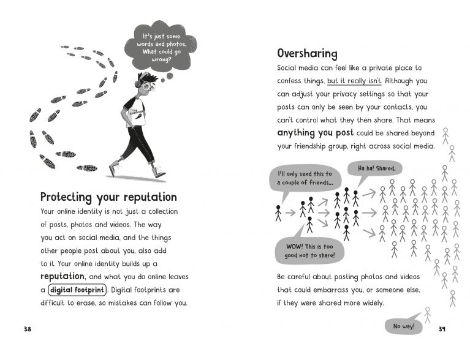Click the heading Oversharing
[308, 54]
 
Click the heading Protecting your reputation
[108, 197]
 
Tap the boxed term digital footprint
[77, 290]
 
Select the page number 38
[27, 330]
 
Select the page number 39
[443, 330]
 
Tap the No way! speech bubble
[404, 326]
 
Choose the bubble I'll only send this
[305, 179]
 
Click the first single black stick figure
[279, 212]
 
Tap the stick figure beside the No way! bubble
[428, 314]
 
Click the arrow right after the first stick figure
[291, 213]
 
